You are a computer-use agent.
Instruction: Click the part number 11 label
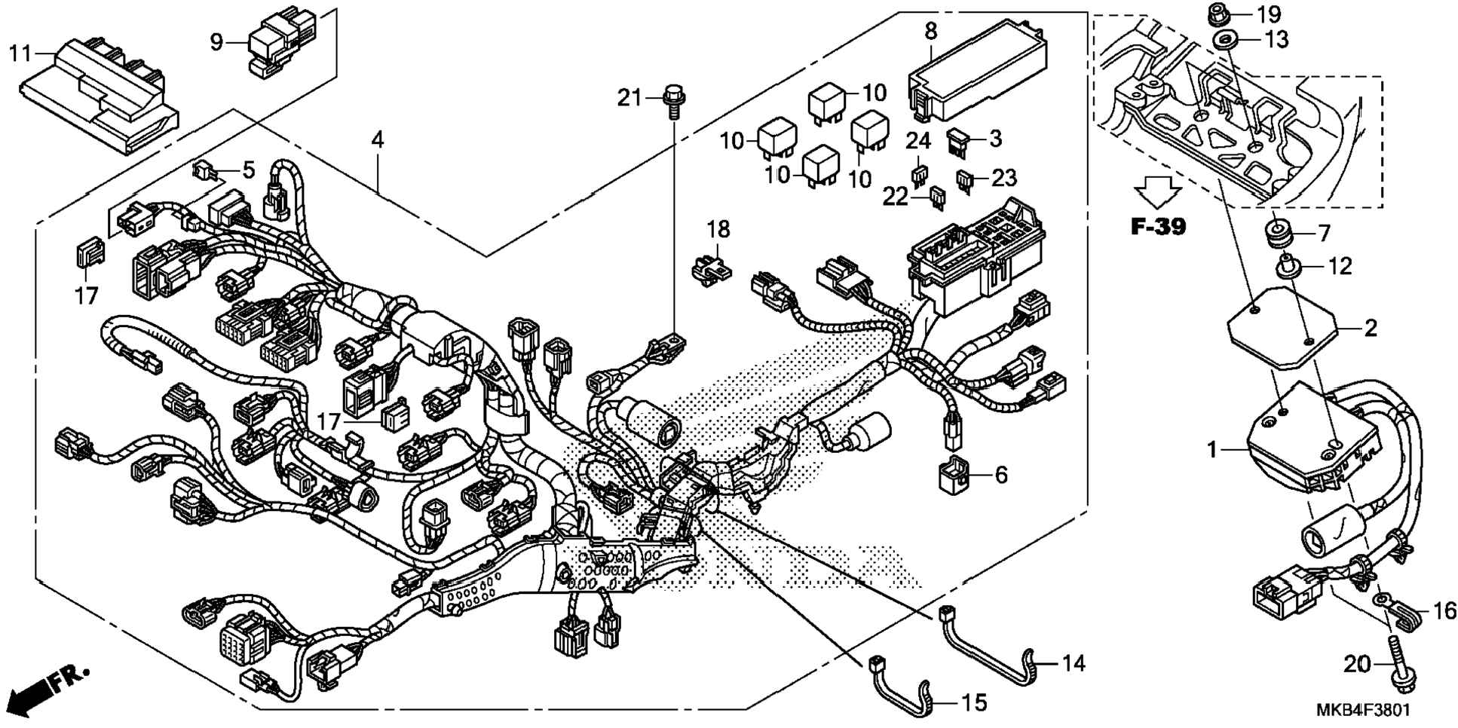coord(20,54)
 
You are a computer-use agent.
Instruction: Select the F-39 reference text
coord(1158,226)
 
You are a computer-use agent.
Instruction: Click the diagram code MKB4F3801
coord(1362,710)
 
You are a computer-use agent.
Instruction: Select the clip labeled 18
coord(711,268)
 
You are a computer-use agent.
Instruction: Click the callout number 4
coord(377,139)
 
